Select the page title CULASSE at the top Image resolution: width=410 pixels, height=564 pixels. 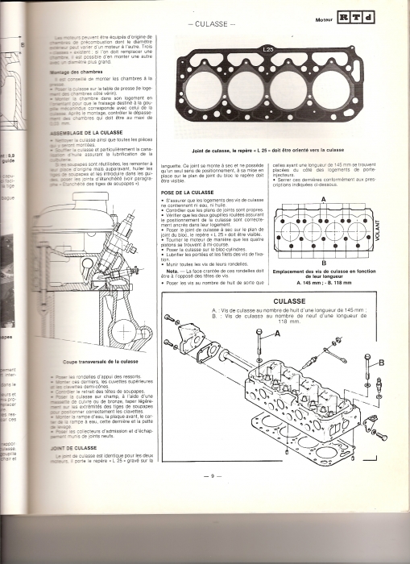(x=213, y=23)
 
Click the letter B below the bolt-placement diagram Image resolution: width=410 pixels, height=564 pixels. (x=323, y=262)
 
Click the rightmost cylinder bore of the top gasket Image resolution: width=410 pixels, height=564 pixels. (x=323, y=87)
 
